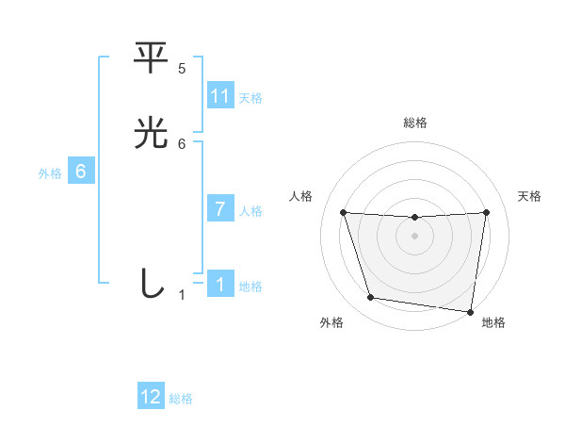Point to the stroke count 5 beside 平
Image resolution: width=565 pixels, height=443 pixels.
tap(182, 69)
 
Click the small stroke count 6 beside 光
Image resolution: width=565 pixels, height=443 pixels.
tap(182, 143)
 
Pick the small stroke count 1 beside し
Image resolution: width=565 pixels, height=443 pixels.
tap(183, 295)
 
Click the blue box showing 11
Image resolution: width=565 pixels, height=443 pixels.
tap(220, 96)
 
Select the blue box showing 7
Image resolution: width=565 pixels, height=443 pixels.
tap(220, 209)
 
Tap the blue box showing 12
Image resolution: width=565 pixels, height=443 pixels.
tap(151, 397)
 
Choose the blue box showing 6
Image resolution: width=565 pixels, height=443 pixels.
tap(81, 172)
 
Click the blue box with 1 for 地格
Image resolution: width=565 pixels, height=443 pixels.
tap(220, 285)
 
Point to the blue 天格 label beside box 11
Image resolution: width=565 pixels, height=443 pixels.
tap(250, 97)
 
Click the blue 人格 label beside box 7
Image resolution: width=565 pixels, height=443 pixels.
tap(250, 211)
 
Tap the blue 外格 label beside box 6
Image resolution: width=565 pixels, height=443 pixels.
tap(50, 172)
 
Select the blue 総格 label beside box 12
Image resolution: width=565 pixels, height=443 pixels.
tap(181, 399)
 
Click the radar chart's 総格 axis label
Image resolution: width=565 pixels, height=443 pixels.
tap(415, 123)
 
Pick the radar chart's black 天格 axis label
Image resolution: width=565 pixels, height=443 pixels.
tap(529, 196)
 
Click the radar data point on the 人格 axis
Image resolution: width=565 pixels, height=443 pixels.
tap(343, 212)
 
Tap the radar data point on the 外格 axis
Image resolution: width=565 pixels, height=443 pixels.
tap(370, 298)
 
